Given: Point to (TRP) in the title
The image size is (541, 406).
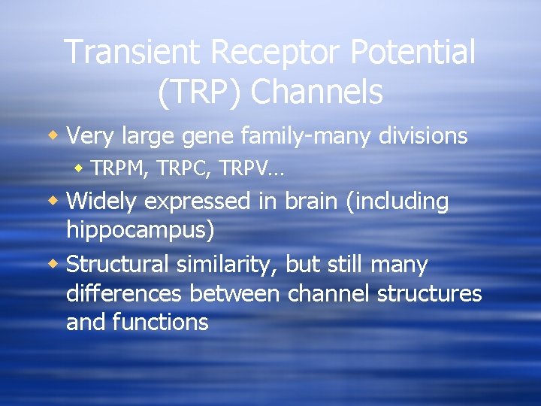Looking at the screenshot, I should [200, 92].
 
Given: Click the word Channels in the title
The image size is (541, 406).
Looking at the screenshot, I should [316, 92].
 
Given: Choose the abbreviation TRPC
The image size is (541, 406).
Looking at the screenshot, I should [183, 171].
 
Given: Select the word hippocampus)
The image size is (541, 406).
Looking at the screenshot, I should [141, 230].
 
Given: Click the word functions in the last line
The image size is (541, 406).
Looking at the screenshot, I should [160, 323].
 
